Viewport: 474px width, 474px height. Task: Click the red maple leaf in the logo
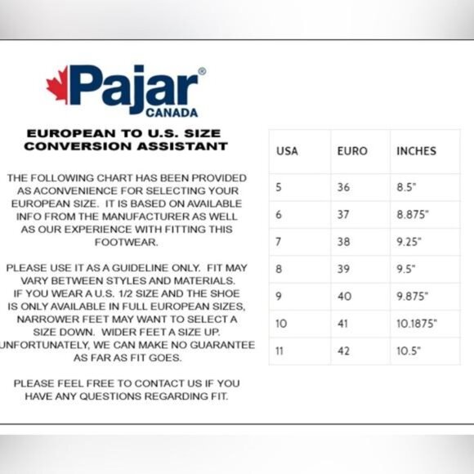pyautogui.click(x=57, y=85)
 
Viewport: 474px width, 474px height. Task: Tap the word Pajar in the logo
pyautogui.click(x=134, y=87)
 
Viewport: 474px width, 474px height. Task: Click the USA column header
pyautogui.click(x=287, y=151)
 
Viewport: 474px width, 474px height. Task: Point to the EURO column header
pyautogui.click(x=352, y=151)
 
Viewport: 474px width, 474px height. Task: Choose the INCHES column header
pyautogui.click(x=416, y=151)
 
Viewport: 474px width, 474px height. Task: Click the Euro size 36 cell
pyautogui.click(x=343, y=187)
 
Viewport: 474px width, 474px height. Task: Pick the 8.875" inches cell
pyautogui.click(x=414, y=215)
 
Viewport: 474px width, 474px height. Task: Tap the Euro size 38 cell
pyautogui.click(x=343, y=242)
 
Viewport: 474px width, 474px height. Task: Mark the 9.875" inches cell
pyautogui.click(x=414, y=297)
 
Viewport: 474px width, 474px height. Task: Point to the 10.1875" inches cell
pyautogui.click(x=417, y=324)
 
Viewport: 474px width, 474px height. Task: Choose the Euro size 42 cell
pyautogui.click(x=343, y=351)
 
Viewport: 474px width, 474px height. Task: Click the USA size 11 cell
pyautogui.click(x=279, y=351)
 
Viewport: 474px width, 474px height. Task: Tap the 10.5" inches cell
pyautogui.click(x=409, y=351)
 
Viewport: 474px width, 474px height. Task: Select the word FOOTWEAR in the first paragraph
pyautogui.click(x=126, y=243)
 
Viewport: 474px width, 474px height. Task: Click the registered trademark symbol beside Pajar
pyautogui.click(x=202, y=72)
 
